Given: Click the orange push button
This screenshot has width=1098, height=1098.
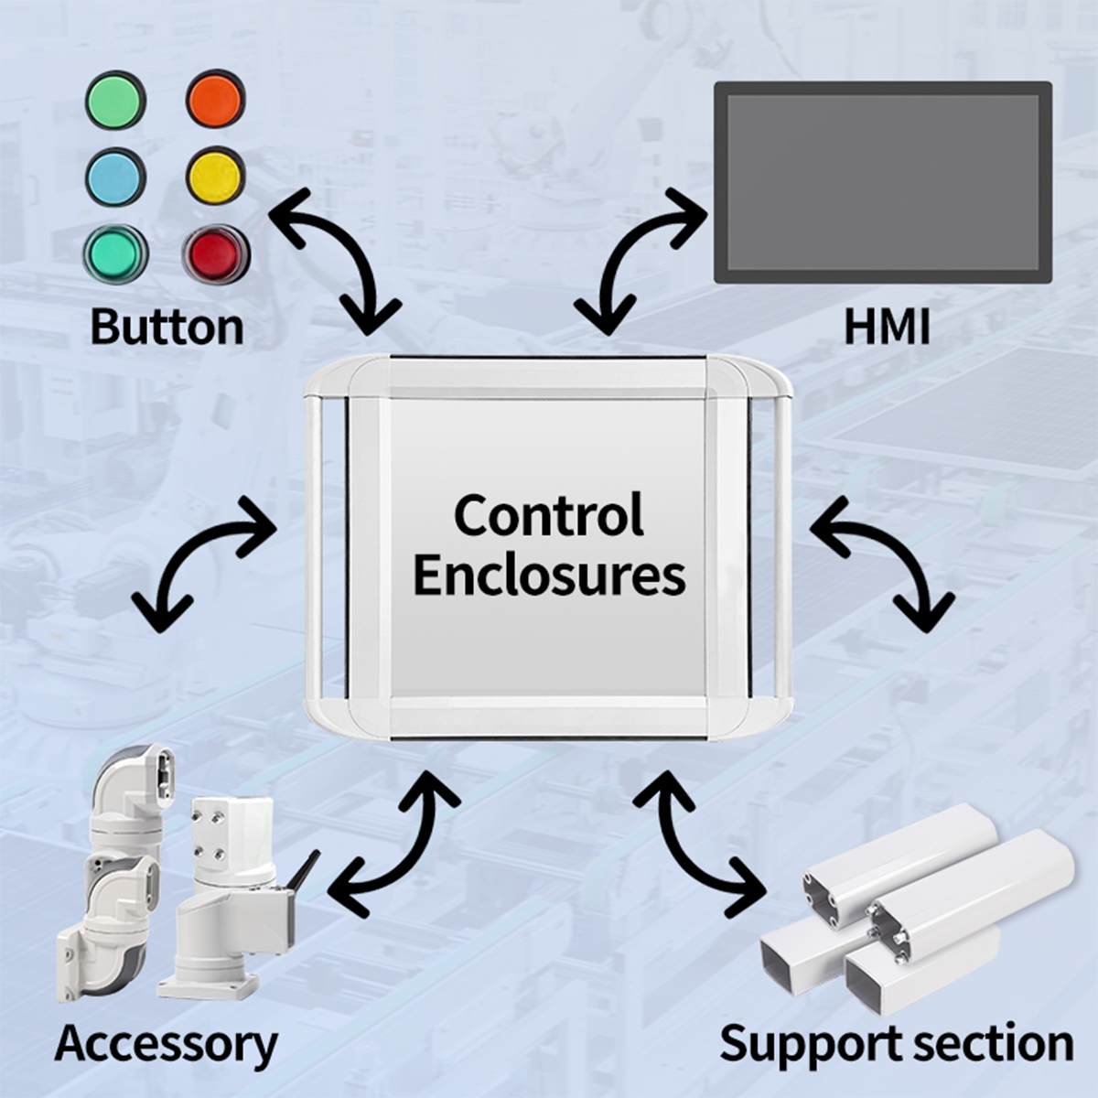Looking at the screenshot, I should [216, 100].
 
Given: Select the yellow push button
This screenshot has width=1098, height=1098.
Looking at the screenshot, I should [216, 175].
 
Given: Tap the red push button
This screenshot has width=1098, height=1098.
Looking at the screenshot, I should [214, 253].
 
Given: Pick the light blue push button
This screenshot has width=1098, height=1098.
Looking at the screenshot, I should [115, 176].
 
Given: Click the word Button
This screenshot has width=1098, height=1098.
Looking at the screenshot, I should [167, 327].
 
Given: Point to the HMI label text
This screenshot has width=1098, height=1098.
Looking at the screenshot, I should [886, 327].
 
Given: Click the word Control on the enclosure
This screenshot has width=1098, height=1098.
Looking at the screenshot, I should [549, 514].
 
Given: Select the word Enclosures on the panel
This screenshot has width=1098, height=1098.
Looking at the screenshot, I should [549, 576].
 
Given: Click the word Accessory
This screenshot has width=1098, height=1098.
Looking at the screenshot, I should [166, 1044].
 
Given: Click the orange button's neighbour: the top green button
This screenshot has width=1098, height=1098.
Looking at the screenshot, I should [115, 100].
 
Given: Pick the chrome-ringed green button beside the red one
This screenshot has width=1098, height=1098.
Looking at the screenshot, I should [115, 253].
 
